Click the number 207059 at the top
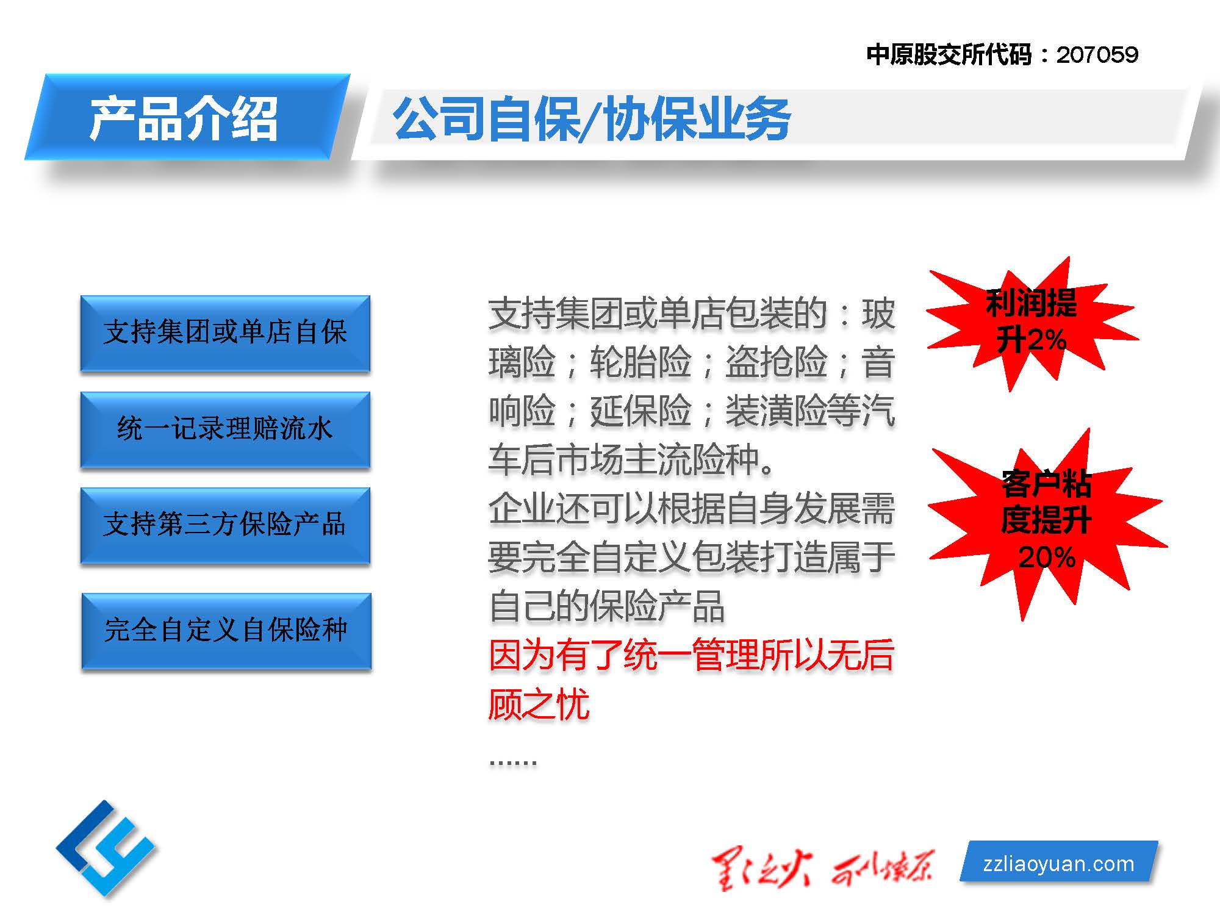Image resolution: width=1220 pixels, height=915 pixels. pos(1097,55)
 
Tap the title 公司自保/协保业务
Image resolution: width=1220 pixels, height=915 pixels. pos(592,119)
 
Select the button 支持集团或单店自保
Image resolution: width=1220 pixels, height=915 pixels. pos(225,333)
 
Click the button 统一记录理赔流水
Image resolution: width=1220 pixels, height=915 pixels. pos(225,429)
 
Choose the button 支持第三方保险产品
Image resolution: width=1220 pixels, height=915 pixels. pos(225,525)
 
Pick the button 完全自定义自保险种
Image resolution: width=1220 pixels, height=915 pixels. pos(226,631)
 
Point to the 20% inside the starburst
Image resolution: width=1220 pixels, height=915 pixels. pos(1047,558)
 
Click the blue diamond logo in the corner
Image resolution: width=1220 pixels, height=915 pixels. pos(106,848)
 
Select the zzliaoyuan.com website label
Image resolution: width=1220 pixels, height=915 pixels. pos(1059,863)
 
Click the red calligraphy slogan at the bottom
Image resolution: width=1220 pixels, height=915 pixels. pos(823,869)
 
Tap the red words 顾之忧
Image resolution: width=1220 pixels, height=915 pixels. pos(539,705)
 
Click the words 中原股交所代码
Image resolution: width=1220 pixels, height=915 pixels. pos(949,55)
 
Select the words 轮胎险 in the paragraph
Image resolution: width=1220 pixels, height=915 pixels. pos(640,362)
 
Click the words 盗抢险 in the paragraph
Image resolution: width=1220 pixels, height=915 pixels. pos(776,362)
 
